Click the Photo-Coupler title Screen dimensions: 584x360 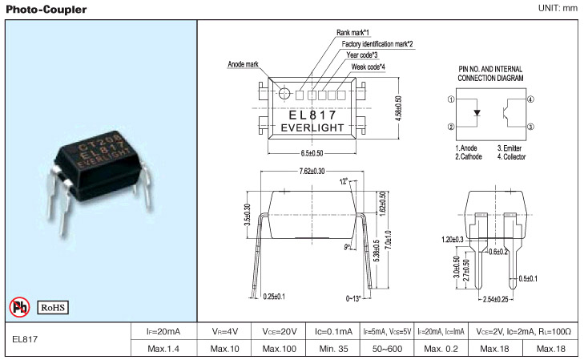(46, 10)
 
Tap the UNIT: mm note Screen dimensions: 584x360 (558, 8)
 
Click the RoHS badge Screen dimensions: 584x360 (53, 307)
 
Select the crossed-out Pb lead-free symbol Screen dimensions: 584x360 (19, 307)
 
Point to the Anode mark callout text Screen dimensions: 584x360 (243, 64)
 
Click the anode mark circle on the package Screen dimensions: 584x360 (284, 93)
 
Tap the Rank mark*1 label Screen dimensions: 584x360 (352, 33)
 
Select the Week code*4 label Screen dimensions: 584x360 (369, 67)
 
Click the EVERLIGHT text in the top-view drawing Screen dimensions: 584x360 (312, 127)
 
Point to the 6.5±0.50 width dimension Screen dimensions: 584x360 (312, 153)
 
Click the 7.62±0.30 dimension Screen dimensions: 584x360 (312, 172)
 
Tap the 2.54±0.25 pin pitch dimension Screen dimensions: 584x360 (495, 299)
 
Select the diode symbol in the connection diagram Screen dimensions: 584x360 (477, 113)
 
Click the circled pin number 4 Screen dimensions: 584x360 (530, 99)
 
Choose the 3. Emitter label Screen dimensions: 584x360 (509, 148)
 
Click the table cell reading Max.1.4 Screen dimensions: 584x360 (163, 349)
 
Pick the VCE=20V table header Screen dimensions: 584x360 (280, 331)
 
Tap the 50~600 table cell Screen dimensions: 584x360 (388, 349)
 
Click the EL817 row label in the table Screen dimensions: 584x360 (25, 339)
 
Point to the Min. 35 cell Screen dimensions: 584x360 (334, 349)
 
